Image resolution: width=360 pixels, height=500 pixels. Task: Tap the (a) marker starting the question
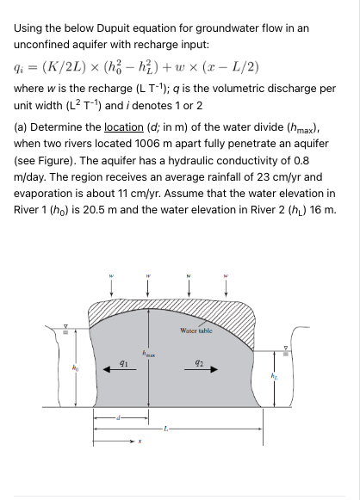click(x=22, y=128)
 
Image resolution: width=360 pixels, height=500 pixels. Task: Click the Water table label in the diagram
click(x=196, y=330)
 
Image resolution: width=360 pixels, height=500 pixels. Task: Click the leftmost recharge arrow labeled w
click(x=110, y=284)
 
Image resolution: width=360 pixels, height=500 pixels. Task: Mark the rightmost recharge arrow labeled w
click(x=227, y=284)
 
